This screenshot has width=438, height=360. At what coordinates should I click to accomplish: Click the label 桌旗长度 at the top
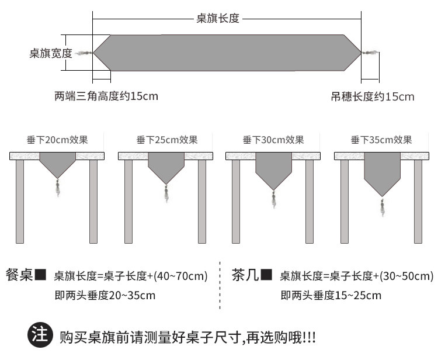click(218, 19)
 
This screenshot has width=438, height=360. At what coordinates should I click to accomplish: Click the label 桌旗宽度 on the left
click(51, 54)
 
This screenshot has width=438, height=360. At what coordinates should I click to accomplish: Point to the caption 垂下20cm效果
click(57, 140)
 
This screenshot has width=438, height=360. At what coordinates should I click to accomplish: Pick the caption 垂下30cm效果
click(273, 140)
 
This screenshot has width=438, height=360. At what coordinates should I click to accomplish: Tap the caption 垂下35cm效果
click(381, 140)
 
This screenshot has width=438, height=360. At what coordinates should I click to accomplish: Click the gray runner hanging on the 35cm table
click(382, 172)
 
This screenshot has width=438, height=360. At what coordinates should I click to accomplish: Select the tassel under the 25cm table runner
click(166, 193)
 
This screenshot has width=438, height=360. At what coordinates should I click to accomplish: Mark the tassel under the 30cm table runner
click(273, 199)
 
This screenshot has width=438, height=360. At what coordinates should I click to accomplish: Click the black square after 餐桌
click(40, 274)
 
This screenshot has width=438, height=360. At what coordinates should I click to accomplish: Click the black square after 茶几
click(266, 274)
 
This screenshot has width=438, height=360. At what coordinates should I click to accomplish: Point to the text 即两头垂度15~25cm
click(331, 295)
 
